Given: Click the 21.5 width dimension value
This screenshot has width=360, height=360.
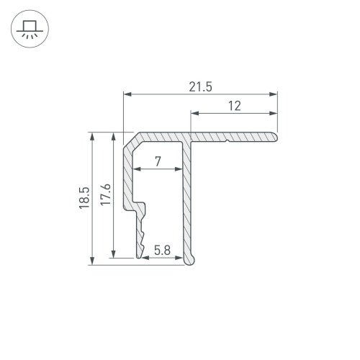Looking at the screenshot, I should tap(201, 86).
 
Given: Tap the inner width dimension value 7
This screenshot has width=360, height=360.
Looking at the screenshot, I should tap(158, 163).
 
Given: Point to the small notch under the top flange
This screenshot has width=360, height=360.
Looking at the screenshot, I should tap(229, 140).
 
